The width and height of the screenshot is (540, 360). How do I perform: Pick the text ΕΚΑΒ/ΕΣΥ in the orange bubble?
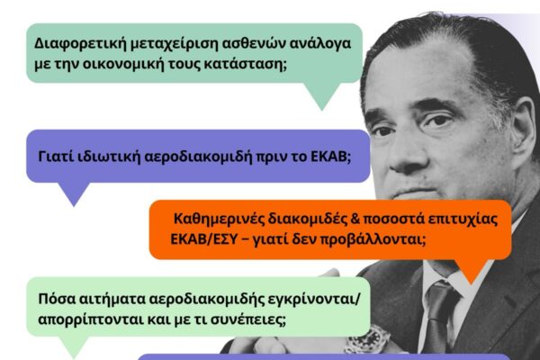203,239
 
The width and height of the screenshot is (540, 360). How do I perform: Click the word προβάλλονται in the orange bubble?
371,239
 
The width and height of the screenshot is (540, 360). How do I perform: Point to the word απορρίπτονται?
90,320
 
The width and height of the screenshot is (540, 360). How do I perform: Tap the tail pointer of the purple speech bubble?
74,193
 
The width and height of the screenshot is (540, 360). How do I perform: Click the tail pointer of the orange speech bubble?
471,270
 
